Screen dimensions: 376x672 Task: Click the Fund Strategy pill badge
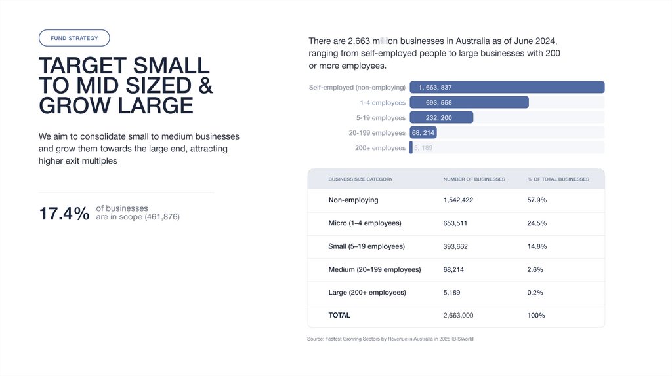point(74,38)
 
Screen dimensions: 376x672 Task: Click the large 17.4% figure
point(64,214)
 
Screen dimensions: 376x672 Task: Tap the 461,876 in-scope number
point(162,217)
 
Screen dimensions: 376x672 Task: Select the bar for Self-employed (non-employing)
point(507,87)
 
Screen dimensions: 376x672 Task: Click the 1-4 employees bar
point(469,102)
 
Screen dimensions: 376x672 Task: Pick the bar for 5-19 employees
point(441,117)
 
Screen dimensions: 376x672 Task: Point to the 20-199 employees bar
point(423,132)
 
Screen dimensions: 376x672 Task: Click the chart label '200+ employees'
point(380,148)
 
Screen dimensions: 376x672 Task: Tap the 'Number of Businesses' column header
point(474,179)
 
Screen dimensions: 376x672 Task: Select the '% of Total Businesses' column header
point(558,179)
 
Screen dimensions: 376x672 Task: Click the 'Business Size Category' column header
point(360,179)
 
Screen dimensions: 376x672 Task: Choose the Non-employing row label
point(353,200)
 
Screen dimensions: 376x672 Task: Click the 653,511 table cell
point(455,223)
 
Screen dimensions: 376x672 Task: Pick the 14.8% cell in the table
point(537,246)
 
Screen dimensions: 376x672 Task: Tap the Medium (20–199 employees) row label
point(374,269)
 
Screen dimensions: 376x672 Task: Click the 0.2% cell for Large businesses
point(535,292)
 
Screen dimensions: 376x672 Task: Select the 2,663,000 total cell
point(458,315)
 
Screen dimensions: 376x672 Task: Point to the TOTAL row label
point(339,315)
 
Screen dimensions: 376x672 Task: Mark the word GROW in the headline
point(70,105)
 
